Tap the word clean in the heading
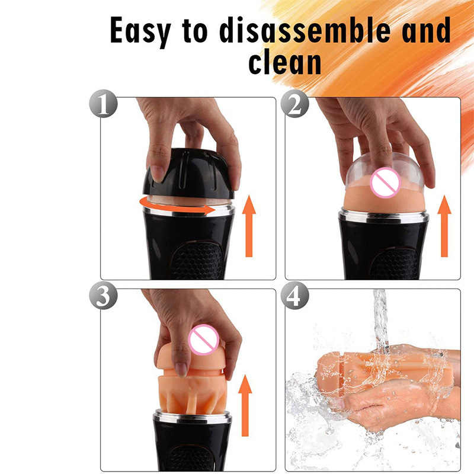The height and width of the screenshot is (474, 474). click(284, 63)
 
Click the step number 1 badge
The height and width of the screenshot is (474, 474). click(103, 104)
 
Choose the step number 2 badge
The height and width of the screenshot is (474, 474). click(294, 104)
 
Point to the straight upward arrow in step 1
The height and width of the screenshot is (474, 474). click(249, 226)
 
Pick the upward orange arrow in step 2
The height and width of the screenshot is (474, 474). click(444, 226)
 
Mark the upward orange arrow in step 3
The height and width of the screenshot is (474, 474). click(245, 405)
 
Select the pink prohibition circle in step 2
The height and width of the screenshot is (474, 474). click(385, 182)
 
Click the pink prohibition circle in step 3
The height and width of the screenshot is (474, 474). click(203, 339)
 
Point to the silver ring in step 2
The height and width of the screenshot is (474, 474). click(383, 216)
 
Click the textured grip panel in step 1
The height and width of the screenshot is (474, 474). click(196, 261)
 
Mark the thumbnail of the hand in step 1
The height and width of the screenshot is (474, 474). click(157, 173)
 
